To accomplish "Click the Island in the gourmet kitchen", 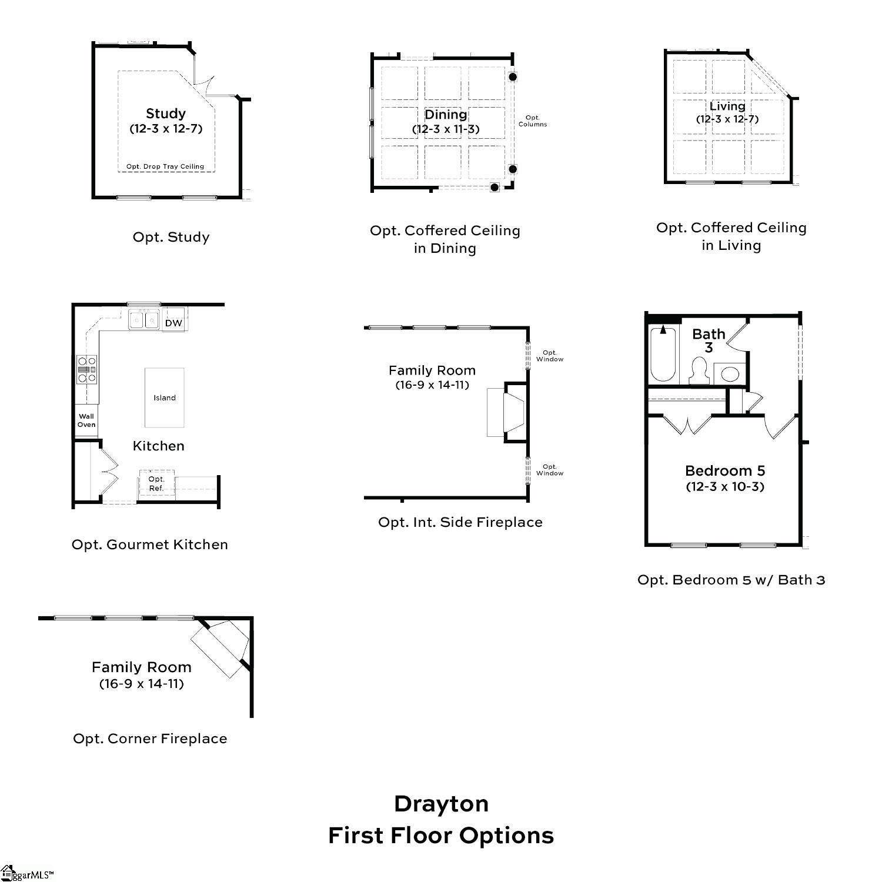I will tap(164, 397).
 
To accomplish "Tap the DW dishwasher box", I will tap(173, 323).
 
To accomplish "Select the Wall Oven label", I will tap(86, 420).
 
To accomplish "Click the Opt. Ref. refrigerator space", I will tap(156, 484).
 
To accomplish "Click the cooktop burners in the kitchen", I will tap(87, 370).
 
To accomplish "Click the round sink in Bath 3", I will tap(730, 374).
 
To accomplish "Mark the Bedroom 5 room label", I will tap(725, 471).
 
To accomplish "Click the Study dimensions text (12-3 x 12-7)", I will tap(166, 129).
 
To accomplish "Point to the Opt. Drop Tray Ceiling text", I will tap(165, 166).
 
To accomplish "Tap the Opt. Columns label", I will tap(533, 121).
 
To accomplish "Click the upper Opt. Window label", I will tap(550, 356).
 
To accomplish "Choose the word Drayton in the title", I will tap(441, 804).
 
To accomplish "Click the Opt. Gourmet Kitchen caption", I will tap(150, 544).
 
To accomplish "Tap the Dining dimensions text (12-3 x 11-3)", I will tap(446, 129).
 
